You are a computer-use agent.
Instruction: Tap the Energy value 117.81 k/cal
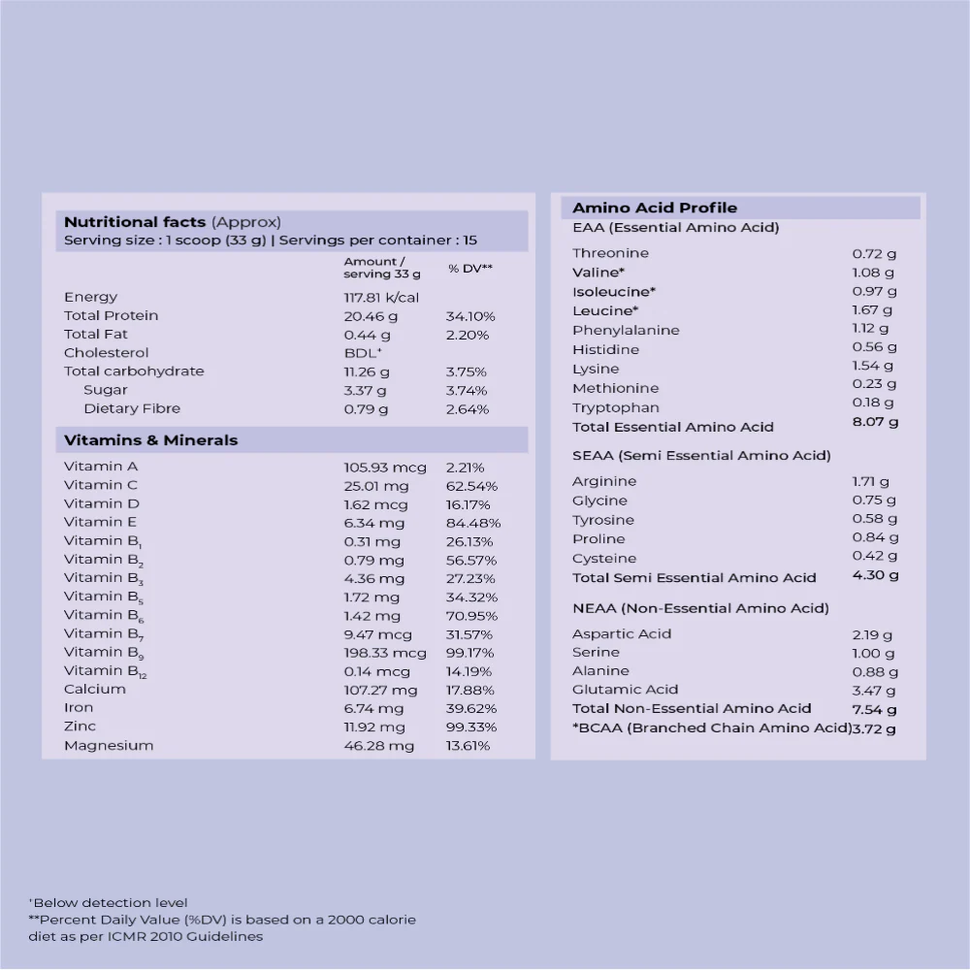pyautogui.click(x=381, y=298)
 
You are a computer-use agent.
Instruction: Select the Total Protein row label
pyautogui.click(x=111, y=316)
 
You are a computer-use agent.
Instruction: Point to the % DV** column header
pyautogui.click(x=470, y=268)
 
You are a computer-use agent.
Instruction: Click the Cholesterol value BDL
pyautogui.click(x=363, y=353)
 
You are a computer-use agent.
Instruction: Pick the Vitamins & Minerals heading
pyautogui.click(x=150, y=440)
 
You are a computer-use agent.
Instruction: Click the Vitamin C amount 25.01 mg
pyautogui.click(x=375, y=486)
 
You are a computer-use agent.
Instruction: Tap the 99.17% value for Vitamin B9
pyautogui.click(x=470, y=653)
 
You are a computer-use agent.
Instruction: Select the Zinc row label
pyautogui.click(x=80, y=727)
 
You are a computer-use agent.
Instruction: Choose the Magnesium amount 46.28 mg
pyautogui.click(x=378, y=746)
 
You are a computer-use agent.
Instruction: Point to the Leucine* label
pyautogui.click(x=605, y=310)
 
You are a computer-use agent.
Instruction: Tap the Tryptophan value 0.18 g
pyautogui.click(x=873, y=404)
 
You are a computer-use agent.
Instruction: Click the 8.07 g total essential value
pyautogui.click(x=875, y=423)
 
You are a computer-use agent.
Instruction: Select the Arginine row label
pyautogui.click(x=604, y=481)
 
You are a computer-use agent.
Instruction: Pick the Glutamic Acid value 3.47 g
pyautogui.click(x=873, y=690)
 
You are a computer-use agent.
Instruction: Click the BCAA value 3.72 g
pyautogui.click(x=874, y=728)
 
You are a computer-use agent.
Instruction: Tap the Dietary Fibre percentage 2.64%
pyautogui.click(x=468, y=409)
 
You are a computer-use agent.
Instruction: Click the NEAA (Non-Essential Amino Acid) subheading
pyautogui.click(x=700, y=609)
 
